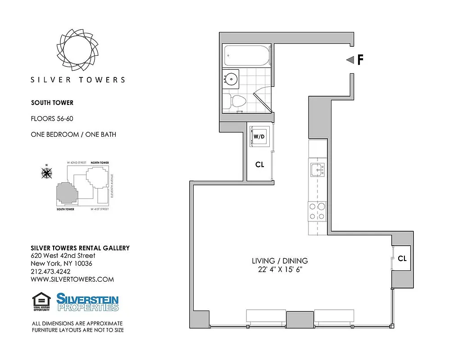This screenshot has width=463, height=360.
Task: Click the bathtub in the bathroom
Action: [247, 56]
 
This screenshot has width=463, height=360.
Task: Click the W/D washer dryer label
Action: [259, 136]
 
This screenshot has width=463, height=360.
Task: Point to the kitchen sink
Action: [317, 170]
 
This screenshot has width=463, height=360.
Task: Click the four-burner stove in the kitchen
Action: [317, 211]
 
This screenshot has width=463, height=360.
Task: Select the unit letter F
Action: [360, 60]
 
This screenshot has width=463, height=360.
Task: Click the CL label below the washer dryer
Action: [259, 165]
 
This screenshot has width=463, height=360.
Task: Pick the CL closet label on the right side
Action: [402, 259]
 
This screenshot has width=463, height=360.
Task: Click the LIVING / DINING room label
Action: [279, 261]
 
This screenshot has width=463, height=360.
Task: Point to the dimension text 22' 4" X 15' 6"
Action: [279, 270]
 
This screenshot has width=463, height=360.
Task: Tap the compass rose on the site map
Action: [46, 172]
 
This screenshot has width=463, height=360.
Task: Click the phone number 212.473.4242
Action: [50, 271]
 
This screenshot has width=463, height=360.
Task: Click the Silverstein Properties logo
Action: [87, 302]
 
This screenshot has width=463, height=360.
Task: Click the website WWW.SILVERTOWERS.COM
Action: [72, 279]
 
